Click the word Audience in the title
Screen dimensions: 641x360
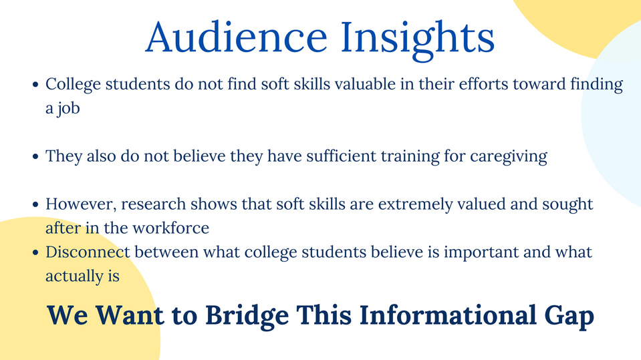(x=237, y=37)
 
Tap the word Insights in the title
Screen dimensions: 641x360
(x=417, y=39)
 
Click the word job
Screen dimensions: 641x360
(x=69, y=109)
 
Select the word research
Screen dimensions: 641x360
(x=154, y=204)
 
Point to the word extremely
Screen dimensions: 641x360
(x=415, y=204)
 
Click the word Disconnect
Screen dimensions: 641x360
(x=88, y=252)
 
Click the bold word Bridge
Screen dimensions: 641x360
(x=247, y=316)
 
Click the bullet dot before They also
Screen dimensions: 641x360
(x=35, y=156)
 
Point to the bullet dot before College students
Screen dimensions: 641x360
(x=35, y=85)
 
